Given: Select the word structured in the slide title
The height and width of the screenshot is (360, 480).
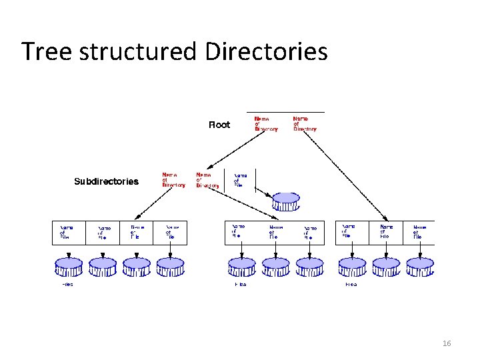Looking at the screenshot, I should coord(139,51).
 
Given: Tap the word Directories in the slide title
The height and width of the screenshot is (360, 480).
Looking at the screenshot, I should coord(266,51).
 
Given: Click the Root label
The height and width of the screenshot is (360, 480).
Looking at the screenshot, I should coord(219,125).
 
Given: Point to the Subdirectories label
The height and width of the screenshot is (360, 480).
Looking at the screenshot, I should coord(106,181).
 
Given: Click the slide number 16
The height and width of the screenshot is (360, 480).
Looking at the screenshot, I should coord(447,343).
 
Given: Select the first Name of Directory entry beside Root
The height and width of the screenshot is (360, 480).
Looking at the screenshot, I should coord(265,125).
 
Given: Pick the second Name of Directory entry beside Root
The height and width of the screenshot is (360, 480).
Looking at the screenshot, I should coord(305,125).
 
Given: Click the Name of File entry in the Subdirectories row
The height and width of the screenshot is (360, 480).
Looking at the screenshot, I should coord(240,180).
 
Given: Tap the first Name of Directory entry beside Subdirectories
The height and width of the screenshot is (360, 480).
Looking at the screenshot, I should coord(173,181).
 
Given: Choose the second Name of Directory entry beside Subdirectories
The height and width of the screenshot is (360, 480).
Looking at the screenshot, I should coord(207,181).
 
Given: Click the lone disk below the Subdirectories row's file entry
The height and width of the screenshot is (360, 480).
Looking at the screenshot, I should coord(286,201).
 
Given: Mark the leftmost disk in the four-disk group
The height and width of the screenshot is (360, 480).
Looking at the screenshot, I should coord(69,267).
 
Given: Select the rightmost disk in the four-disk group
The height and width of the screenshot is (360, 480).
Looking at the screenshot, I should coord(170,267).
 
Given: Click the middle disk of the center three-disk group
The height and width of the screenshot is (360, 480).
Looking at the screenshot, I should coord(275,267).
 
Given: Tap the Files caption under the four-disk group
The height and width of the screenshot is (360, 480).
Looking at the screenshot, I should coord(67,285).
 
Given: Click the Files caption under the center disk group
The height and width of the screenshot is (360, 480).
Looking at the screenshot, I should coord(240,285).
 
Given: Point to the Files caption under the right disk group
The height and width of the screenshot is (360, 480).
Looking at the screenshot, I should coord(351,285).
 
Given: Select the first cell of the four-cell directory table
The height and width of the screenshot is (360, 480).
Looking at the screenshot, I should coord(69,231).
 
